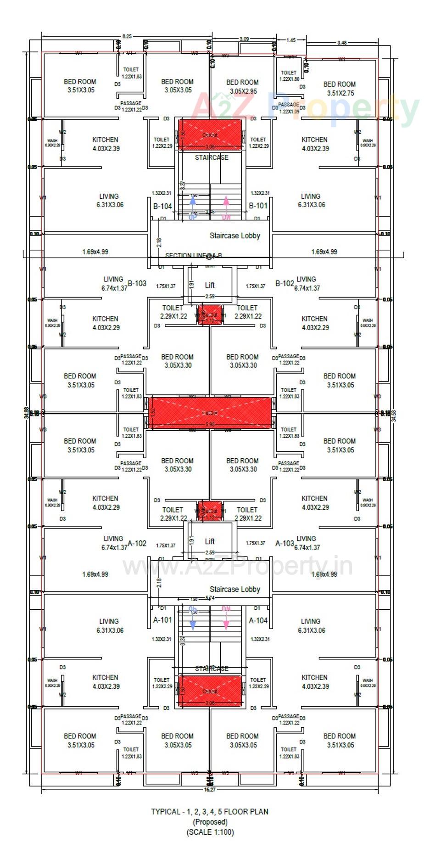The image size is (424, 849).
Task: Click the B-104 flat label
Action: tap(162, 206)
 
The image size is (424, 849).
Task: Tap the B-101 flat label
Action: tap(258, 206)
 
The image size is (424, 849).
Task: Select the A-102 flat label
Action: tap(137, 543)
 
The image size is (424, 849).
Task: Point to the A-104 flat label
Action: tap(258, 620)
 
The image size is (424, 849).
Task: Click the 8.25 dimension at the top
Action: tap(127, 36)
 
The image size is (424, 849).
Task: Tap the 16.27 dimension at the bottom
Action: tap(209, 789)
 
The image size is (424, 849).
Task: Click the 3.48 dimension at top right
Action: tap(342, 43)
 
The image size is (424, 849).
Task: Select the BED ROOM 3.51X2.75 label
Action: tap(340, 89)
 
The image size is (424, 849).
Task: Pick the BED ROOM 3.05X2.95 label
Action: tap(243, 87)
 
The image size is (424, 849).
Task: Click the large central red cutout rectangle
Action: tap(210, 413)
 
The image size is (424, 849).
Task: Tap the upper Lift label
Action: tap(210, 285)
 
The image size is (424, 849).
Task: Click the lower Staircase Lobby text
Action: tap(234, 589)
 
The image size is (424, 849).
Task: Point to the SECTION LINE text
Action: tap(193, 255)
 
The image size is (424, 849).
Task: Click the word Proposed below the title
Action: tap(210, 822)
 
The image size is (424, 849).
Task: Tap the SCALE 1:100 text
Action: tap(210, 832)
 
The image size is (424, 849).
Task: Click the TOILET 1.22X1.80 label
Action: tap(289, 76)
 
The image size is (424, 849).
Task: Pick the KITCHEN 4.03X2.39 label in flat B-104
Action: tap(106, 144)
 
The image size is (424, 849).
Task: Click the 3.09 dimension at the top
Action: tap(244, 39)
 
